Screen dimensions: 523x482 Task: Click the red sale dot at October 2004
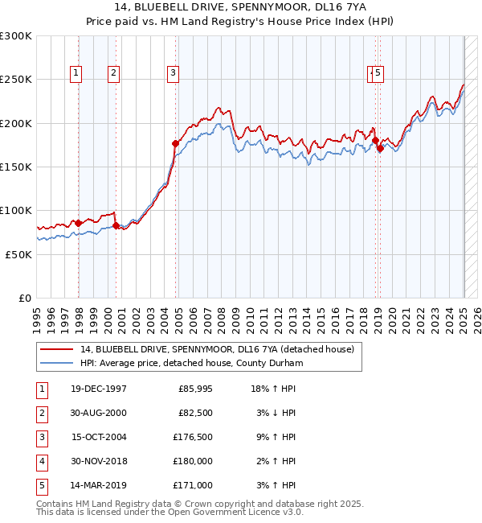coord(175,143)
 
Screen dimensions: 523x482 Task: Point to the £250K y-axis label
coord(17,80)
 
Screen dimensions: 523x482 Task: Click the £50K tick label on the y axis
coord(20,254)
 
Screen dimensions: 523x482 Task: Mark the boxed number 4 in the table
coord(41,461)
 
